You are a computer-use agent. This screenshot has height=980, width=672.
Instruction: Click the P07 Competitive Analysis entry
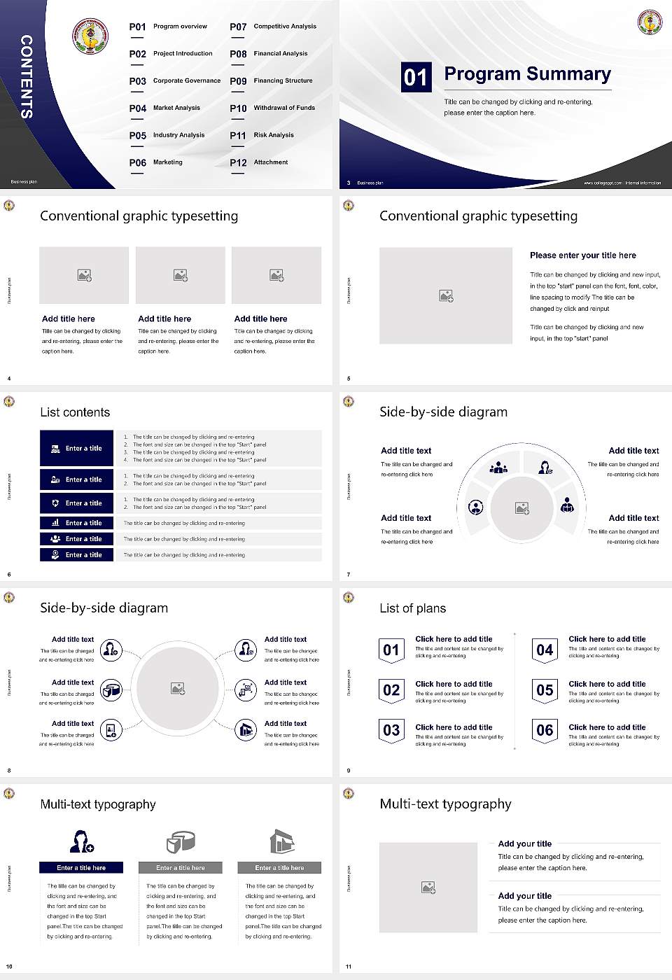(273, 27)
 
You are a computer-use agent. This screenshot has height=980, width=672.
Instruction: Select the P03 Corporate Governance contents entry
(175, 81)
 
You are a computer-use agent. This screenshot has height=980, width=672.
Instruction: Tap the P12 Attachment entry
(259, 162)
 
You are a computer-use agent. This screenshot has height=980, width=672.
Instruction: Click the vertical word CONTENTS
(27, 76)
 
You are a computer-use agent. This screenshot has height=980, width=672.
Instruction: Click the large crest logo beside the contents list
(90, 36)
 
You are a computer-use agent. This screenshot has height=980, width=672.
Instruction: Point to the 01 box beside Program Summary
(416, 77)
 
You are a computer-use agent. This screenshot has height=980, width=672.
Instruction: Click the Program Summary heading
(527, 74)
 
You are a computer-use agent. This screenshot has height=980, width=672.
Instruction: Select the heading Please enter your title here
(582, 255)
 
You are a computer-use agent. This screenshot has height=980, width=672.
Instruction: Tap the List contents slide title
(75, 412)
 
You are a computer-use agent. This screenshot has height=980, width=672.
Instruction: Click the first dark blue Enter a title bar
(76, 448)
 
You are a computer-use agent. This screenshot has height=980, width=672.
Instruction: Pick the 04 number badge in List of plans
(545, 650)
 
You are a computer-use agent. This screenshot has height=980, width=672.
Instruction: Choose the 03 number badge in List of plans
(391, 730)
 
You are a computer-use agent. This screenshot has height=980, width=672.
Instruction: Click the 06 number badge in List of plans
(545, 730)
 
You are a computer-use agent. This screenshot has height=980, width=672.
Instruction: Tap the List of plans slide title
(412, 608)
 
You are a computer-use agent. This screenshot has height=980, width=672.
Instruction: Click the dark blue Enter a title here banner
(81, 867)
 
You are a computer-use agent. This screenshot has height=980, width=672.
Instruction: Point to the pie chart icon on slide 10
(180, 842)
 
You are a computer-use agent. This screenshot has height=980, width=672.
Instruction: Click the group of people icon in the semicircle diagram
(498, 467)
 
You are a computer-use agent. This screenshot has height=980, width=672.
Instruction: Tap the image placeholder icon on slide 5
(446, 296)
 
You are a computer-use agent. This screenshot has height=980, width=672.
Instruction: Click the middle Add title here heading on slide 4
(164, 318)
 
